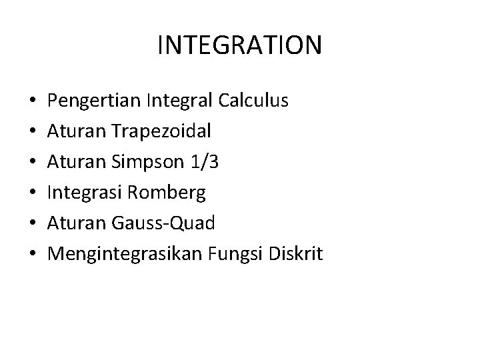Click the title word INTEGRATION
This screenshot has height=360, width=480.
240,45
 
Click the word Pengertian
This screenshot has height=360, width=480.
92,101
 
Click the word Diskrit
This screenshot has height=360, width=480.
293,254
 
